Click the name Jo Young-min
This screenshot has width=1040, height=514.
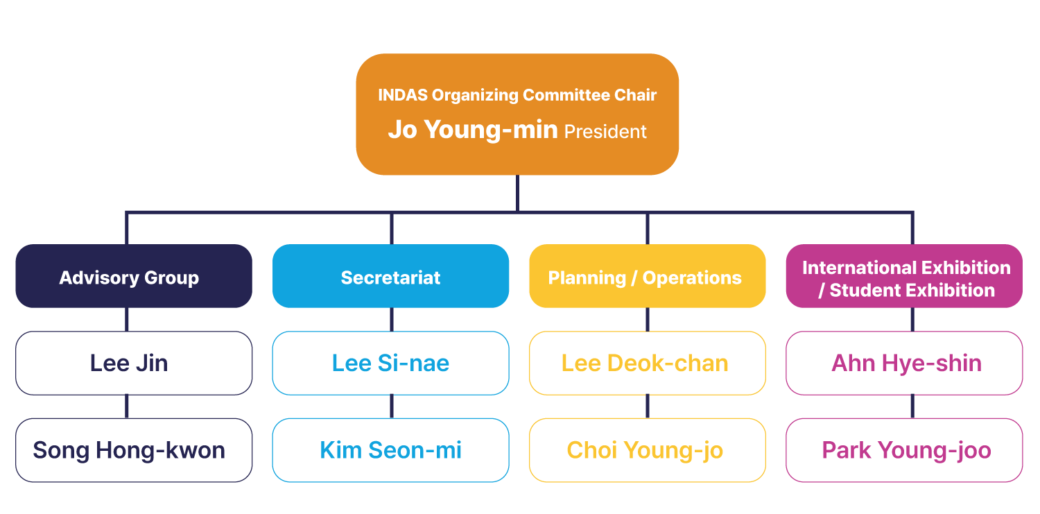[473, 130]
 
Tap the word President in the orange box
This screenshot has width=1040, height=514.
[605, 132]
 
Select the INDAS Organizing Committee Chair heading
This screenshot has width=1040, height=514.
[517, 95]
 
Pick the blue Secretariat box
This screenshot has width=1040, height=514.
[390, 277]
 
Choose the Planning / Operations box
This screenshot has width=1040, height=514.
[646, 277]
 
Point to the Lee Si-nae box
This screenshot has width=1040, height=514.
[390, 363]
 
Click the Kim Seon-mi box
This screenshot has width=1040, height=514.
[390, 450]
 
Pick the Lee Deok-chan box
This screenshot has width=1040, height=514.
[646, 363]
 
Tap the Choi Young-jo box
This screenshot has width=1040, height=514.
[646, 450]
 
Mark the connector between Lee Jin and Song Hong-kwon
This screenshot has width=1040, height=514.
[127, 406]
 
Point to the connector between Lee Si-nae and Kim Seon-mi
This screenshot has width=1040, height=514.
[392, 406]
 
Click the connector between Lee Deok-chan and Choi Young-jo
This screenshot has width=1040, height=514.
[648, 406]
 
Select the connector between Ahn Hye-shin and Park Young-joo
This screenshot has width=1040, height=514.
[912, 406]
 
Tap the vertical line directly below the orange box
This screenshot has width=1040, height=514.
[517, 193]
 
